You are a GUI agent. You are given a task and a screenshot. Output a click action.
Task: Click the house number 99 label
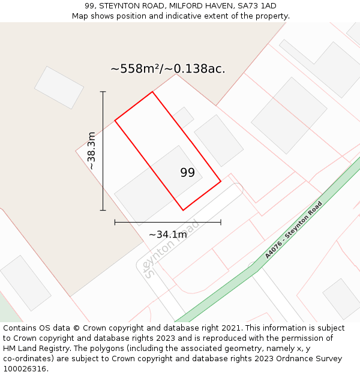(187, 173)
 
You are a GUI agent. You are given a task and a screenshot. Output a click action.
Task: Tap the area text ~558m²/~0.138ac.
(167, 69)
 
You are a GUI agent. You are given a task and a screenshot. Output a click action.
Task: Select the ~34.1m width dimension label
(168, 235)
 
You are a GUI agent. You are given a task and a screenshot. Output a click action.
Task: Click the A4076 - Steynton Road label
(293, 230)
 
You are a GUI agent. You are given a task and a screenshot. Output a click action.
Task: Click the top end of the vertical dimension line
(103, 92)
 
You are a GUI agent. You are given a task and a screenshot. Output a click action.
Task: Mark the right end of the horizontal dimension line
(221, 222)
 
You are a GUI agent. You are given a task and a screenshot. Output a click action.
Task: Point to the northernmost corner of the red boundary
(152, 92)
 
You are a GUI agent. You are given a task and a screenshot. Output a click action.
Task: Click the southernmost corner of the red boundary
(183, 210)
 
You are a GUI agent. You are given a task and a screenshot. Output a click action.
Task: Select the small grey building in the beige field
(59, 88)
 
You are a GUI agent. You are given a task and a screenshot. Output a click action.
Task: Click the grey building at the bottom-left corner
(25, 283)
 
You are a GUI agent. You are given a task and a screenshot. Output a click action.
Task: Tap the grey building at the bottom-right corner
(341, 298)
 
